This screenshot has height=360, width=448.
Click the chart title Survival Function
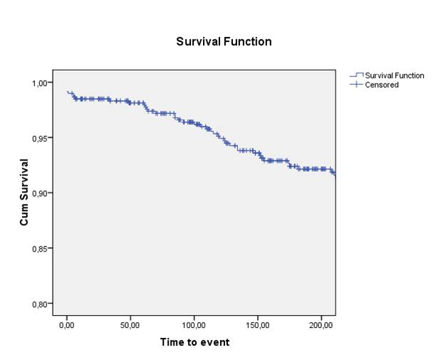point(224,42)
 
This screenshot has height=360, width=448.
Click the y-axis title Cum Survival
point(24,193)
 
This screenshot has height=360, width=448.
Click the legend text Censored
point(382,85)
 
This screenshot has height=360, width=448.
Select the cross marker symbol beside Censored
point(356,85)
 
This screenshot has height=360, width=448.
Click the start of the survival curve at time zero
point(67,92)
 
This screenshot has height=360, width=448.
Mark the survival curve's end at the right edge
point(335,174)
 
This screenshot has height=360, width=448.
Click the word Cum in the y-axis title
point(24,216)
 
